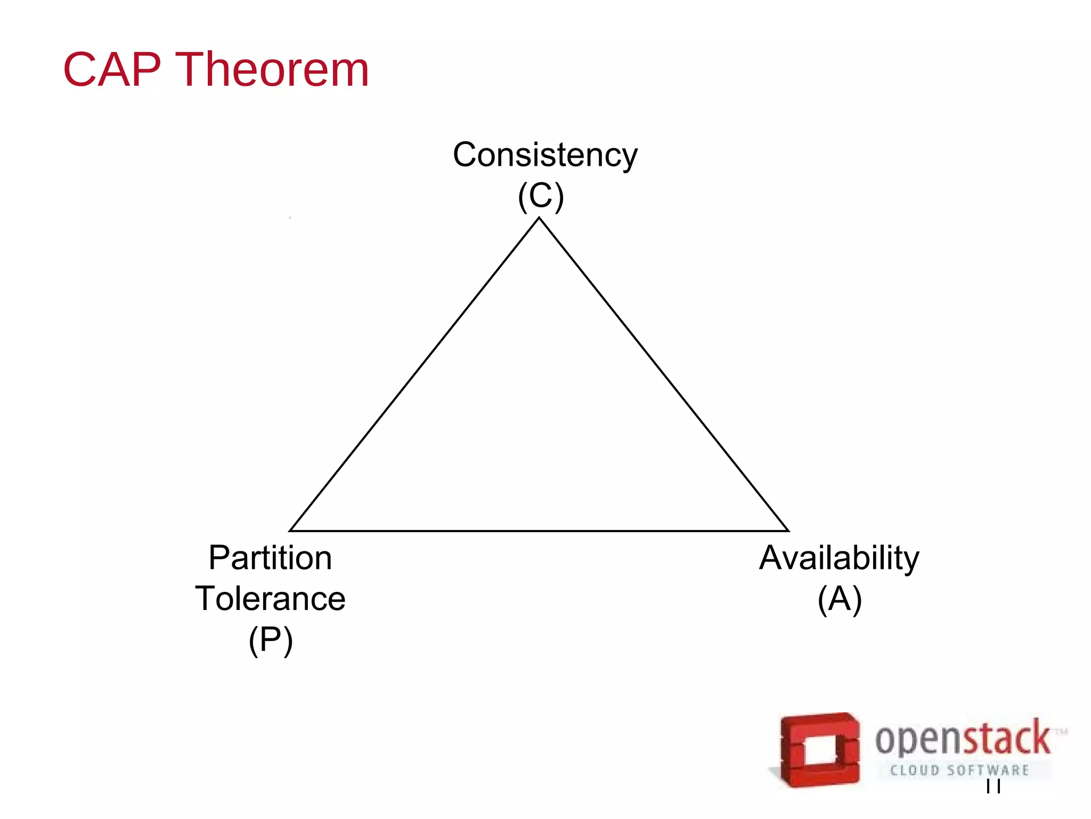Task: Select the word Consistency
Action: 545,155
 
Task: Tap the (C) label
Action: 541,196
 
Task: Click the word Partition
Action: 270,558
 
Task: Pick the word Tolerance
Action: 270,598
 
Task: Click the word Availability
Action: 839,558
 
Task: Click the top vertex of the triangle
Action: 539,218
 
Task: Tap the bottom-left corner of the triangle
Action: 291,531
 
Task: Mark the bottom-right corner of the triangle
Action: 788,531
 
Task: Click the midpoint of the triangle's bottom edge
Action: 539,531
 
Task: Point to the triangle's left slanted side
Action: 415,374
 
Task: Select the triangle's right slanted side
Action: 664,374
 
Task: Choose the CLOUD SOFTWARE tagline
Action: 959,770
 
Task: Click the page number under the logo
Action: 993,786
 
